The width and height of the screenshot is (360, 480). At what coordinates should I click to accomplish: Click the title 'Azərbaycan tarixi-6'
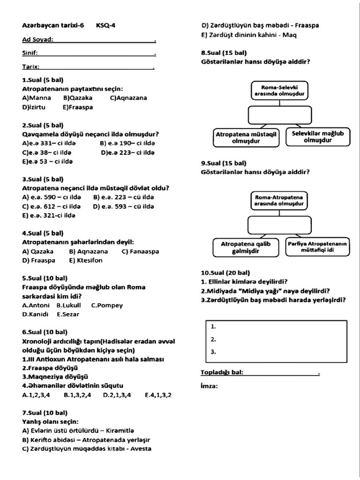53,26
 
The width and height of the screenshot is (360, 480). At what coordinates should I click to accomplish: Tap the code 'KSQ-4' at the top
106,26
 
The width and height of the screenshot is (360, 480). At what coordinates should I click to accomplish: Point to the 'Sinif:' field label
30,53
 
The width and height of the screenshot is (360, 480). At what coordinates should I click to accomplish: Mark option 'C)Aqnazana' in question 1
128,98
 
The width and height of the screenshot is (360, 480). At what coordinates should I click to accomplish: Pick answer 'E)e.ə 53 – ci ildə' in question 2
47,161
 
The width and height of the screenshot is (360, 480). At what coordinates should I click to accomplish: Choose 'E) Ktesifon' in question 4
85,260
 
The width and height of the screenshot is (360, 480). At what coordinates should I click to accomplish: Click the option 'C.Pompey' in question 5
107,305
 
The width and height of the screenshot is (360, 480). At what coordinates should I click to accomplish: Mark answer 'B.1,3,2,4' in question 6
77,395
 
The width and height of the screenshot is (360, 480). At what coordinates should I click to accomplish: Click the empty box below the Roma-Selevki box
280,115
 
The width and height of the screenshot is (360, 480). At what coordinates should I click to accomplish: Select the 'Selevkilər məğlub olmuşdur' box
317,136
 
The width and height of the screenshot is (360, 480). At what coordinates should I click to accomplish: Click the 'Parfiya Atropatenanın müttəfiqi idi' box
317,247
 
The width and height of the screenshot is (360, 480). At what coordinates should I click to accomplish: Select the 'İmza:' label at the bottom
209,386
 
